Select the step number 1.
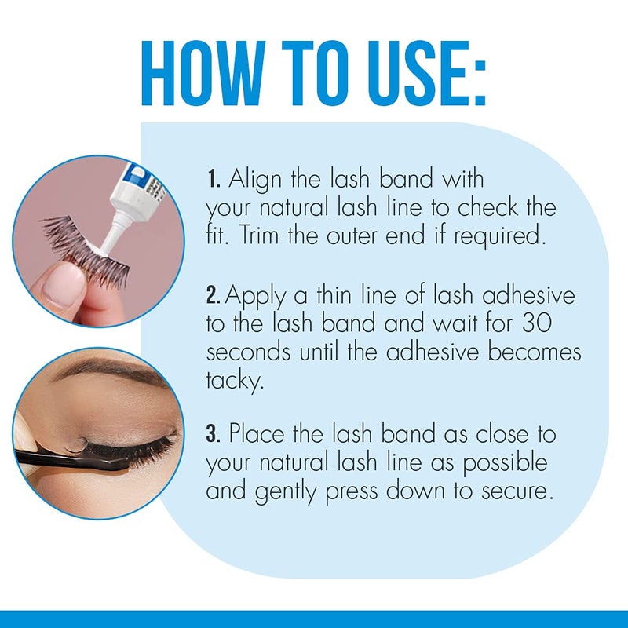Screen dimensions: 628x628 click(213, 180)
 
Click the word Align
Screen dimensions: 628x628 click(256, 180)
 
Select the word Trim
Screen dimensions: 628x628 click(252, 236)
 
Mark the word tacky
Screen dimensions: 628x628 click(232, 381)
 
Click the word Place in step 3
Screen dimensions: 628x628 click(257, 434)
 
